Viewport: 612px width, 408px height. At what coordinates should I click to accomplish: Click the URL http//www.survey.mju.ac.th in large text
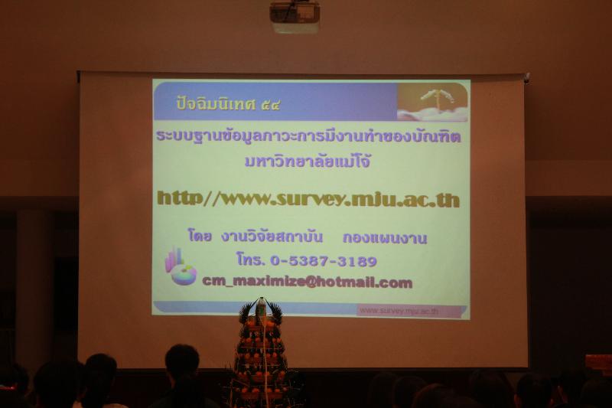coord(308,199)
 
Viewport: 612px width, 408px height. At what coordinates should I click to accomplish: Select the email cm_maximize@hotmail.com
coord(307,282)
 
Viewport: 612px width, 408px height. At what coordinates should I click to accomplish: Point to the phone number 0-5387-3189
coord(324,261)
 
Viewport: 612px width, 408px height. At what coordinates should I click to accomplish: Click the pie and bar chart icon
coord(181,266)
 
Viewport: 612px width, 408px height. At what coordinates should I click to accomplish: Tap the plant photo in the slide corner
coord(432,102)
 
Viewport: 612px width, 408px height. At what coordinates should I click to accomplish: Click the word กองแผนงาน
coord(385,238)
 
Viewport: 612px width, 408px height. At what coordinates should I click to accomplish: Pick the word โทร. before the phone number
coord(251,261)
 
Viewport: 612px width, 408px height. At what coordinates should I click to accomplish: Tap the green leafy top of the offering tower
coord(260,311)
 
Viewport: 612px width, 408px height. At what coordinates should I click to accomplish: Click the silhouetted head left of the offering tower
coord(182,363)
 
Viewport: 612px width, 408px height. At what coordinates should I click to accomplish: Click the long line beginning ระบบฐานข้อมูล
coord(308,136)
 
